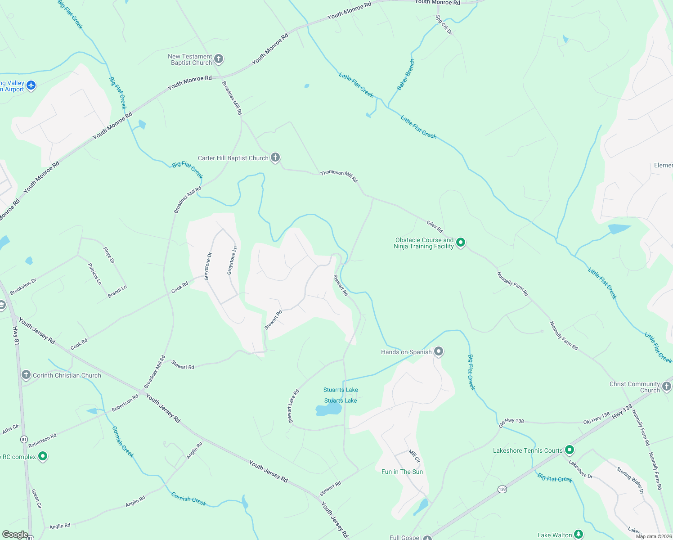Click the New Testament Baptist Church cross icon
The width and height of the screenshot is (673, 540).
(x=219, y=59)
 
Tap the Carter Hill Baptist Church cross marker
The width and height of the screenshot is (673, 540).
(x=275, y=157)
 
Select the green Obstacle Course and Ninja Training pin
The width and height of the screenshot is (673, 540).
(x=460, y=243)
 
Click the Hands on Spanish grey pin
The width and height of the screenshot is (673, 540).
(x=439, y=351)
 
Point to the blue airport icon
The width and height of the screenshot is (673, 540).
(x=31, y=85)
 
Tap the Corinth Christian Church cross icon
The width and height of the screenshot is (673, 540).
(x=26, y=375)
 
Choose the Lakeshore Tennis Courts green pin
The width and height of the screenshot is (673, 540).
(x=570, y=450)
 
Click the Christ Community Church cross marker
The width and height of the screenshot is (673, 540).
(x=667, y=386)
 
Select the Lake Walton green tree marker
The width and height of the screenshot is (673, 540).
(x=579, y=535)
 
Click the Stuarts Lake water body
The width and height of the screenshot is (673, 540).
(x=328, y=409)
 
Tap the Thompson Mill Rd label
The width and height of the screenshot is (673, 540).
(x=339, y=176)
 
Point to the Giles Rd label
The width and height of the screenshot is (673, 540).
(x=435, y=226)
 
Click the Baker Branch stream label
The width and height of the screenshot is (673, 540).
(x=406, y=74)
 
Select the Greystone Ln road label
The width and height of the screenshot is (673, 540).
(x=232, y=261)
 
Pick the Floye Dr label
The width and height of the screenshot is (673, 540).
(x=109, y=255)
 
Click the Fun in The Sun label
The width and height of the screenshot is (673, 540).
(x=402, y=472)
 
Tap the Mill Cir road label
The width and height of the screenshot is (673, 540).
(x=414, y=456)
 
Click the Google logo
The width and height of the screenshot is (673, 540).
(x=15, y=535)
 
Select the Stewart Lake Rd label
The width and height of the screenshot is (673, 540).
(x=293, y=406)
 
